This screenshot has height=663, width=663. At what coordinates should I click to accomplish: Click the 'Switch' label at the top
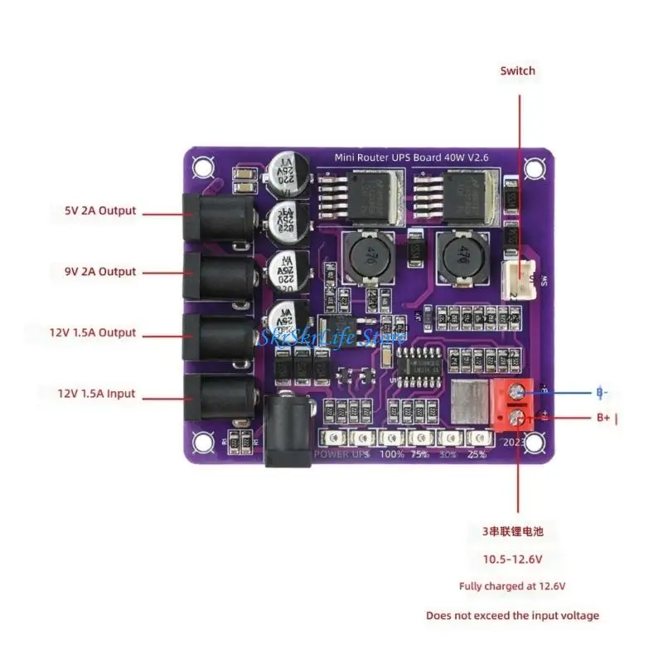[x=517, y=71]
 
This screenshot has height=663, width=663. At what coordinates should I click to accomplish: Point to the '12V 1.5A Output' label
[x=92, y=333]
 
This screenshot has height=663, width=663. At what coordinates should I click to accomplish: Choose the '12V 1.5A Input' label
[x=95, y=394]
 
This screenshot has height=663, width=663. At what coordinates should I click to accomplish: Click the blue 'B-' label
[x=603, y=392]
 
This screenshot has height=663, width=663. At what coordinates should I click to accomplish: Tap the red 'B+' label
[x=603, y=419]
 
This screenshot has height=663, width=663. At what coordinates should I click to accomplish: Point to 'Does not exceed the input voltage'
[x=512, y=616]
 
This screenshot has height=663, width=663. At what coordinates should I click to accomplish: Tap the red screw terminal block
[x=511, y=405]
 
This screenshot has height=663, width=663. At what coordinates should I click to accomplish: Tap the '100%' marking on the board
[x=390, y=454]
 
